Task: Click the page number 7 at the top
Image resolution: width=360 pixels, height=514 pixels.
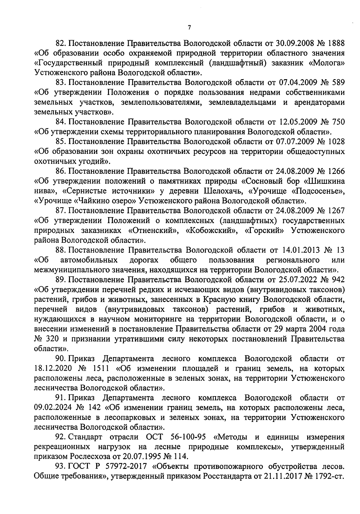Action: tap(189, 28)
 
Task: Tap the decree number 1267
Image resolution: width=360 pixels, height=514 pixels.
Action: tap(334, 211)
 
